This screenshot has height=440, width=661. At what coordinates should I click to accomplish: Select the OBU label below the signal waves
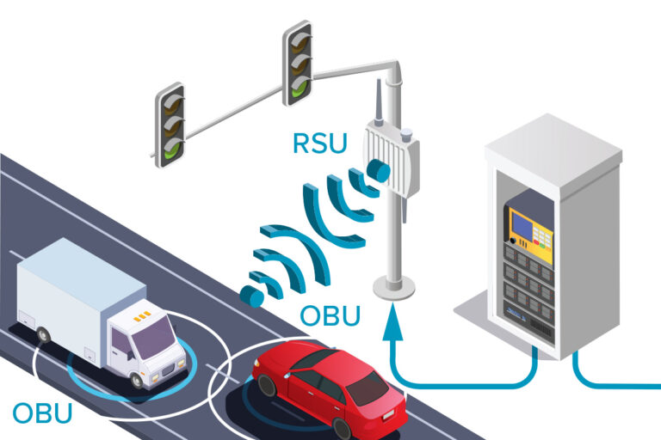pos(330,315)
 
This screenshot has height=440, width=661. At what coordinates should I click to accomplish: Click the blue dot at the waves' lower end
pos(251,296)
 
